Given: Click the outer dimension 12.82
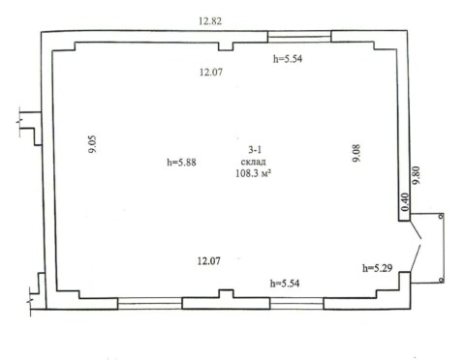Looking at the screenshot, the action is coord(210,21).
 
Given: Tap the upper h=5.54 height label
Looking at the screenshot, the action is coord(288,59).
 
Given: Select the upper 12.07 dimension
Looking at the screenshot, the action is coord(211,72).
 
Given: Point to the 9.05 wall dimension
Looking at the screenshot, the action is coord(93,144).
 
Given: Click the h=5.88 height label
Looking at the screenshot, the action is coord(181,162).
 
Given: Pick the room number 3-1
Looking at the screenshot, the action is coord(255,150).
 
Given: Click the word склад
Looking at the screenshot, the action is coord(254,162).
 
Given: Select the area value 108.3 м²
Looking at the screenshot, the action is coord(253,173).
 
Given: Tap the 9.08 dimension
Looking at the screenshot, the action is coord(356,153).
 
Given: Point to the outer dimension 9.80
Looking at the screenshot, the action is coord(417,175).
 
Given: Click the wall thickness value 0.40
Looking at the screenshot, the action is coord(405,202).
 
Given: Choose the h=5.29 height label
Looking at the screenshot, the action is coord(378,268).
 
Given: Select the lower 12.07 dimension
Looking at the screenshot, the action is coord(209,260).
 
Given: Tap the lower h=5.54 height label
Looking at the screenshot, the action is coord(285,284).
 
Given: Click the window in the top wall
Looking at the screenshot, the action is coord(299,37).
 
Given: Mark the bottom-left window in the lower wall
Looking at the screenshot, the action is coord(150,304).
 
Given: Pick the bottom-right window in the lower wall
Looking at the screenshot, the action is coord(296,304).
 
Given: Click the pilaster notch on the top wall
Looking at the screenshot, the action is coord(226,46).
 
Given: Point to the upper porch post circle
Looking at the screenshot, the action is coord(441,216).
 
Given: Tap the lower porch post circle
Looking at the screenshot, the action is coord(441,281).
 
